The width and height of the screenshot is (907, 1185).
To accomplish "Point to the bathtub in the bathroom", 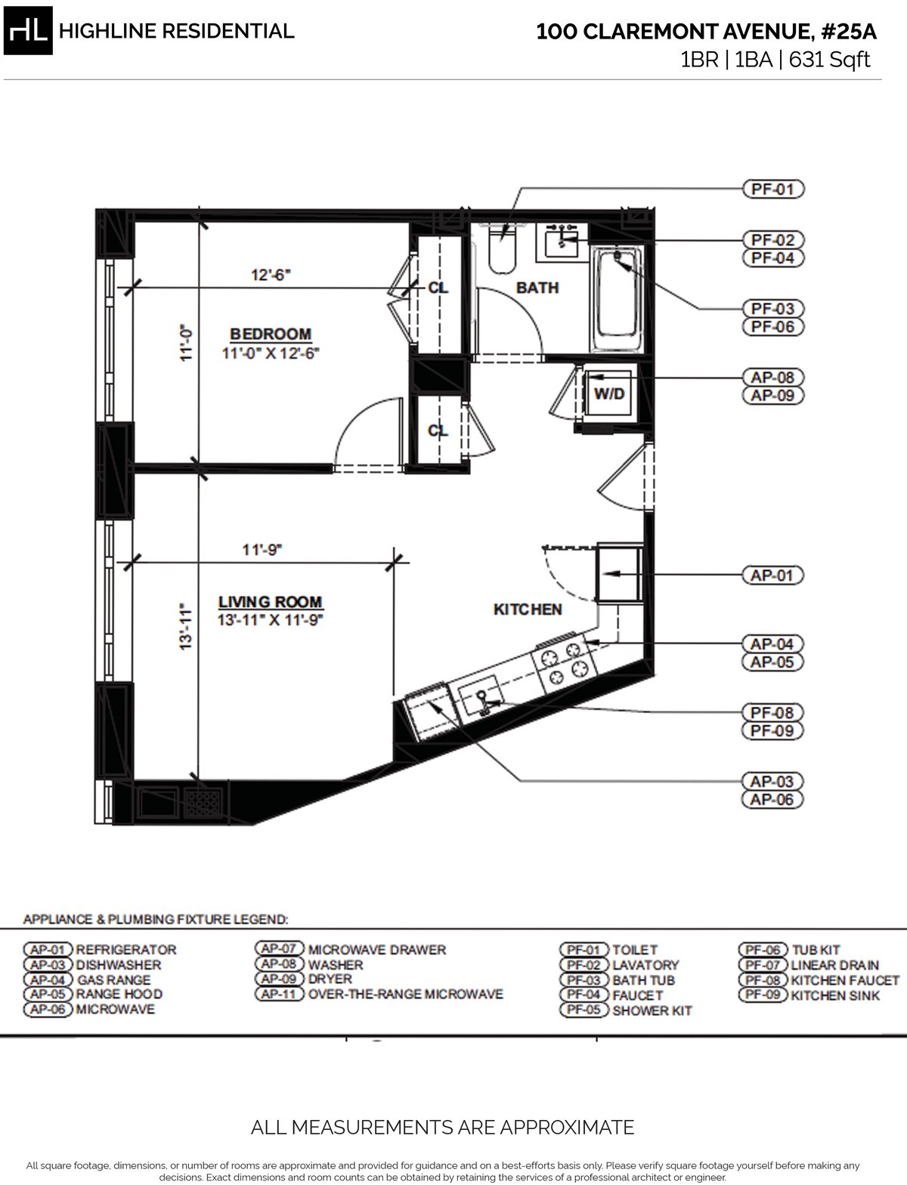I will pos(616,300).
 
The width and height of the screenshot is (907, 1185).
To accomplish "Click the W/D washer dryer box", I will pos(609,394).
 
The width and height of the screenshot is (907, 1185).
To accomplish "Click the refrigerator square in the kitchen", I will pos(617,572).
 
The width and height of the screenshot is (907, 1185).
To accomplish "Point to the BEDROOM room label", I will pos(271,334).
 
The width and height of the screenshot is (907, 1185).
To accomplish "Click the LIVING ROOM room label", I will pos(271,602).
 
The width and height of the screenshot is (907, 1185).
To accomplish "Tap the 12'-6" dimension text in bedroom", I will pos(271,276).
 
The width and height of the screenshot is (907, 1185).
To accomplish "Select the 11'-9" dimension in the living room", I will pos(262,551).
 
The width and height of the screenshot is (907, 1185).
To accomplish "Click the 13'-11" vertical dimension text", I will pos(186,627).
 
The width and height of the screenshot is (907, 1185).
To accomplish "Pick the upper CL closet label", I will pos(438,288).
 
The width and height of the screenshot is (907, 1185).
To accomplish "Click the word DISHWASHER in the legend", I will pos(119,964).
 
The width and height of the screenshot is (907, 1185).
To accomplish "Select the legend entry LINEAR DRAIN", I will pos(834,964).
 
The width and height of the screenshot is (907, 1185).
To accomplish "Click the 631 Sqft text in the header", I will pos(829,60).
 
